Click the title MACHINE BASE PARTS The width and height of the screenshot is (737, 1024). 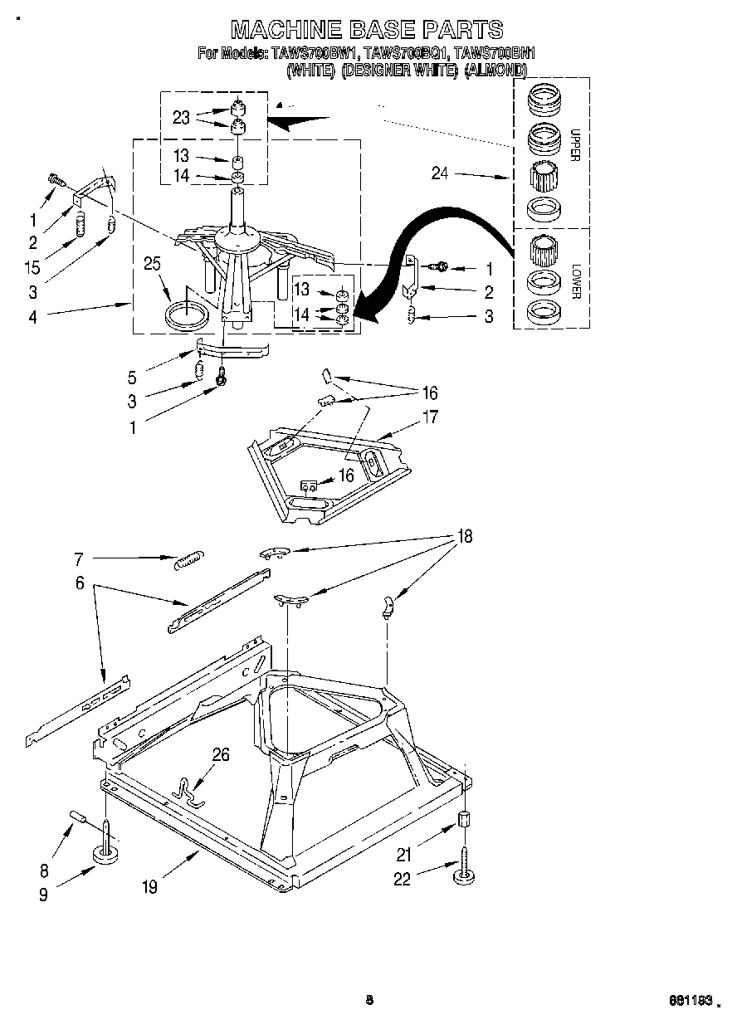tap(366, 29)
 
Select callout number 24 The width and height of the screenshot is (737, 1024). tap(440, 173)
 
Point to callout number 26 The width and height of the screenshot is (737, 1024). tap(221, 754)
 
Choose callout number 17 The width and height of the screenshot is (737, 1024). tap(430, 418)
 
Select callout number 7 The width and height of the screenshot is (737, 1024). tap(79, 558)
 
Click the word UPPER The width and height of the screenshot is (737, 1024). tap(574, 144)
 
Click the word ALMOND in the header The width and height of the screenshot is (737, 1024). tap(495, 71)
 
